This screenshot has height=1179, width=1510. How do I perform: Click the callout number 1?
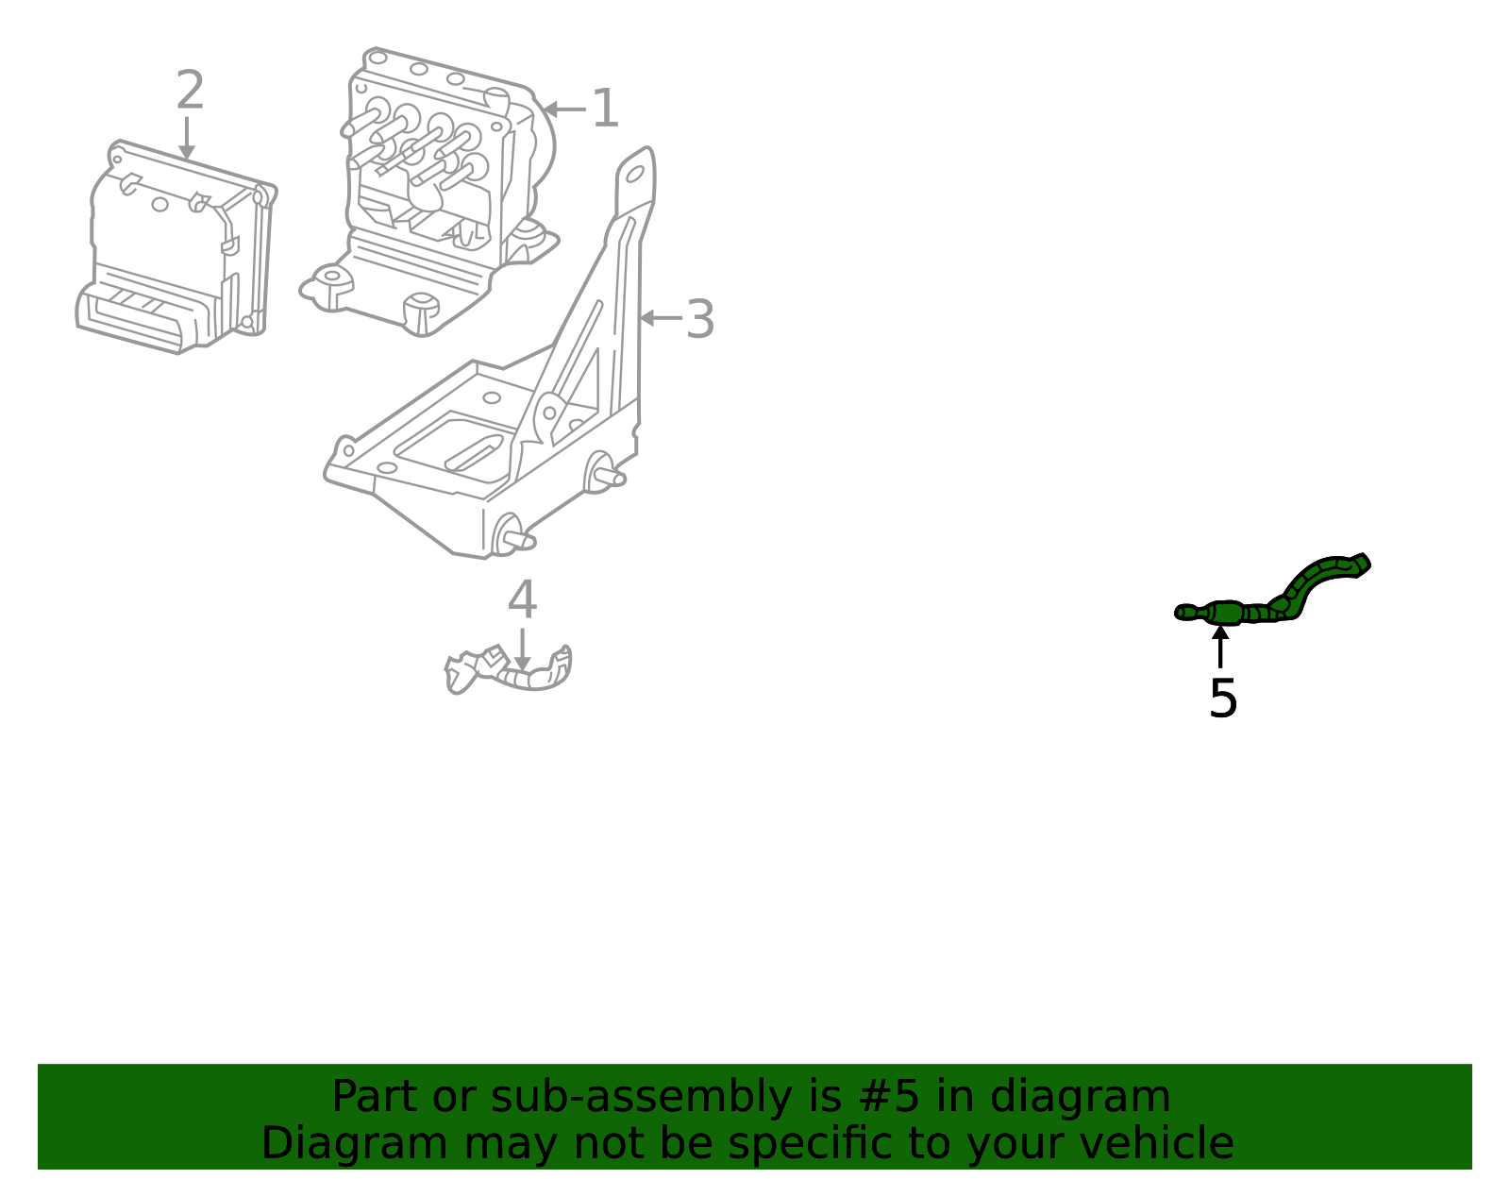pyautogui.click(x=605, y=109)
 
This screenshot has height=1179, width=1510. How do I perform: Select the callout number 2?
pyautogui.click(x=191, y=90)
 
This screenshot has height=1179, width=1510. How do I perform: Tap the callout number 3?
pyautogui.click(x=699, y=319)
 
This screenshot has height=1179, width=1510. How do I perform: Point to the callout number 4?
pyautogui.click(x=522, y=599)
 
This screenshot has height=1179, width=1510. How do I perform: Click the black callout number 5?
pyautogui.click(x=1223, y=699)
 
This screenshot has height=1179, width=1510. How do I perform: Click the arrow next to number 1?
pyautogui.click(x=565, y=109)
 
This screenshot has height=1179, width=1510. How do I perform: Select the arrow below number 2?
pyautogui.click(x=186, y=138)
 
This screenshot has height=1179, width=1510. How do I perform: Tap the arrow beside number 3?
pyautogui.click(x=661, y=318)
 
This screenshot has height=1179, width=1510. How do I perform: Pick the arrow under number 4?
pyautogui.click(x=522, y=649)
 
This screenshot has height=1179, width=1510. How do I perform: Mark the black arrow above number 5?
pyautogui.click(x=1220, y=647)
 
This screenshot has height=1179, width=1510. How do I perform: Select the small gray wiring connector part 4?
pyautogui.click(x=508, y=670)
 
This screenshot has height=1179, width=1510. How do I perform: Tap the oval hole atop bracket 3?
pyautogui.click(x=635, y=174)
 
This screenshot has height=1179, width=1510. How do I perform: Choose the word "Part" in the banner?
pyautogui.click(x=376, y=1096)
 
